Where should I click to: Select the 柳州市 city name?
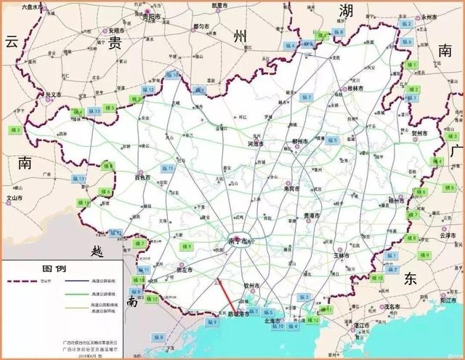(300, 141)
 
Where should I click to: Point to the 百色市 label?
(142, 177)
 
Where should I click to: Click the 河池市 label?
(255, 144)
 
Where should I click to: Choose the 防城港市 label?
(237, 314)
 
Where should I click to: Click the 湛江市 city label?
(360, 325)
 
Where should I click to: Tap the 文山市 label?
(15, 197)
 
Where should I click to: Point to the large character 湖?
(346, 11)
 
